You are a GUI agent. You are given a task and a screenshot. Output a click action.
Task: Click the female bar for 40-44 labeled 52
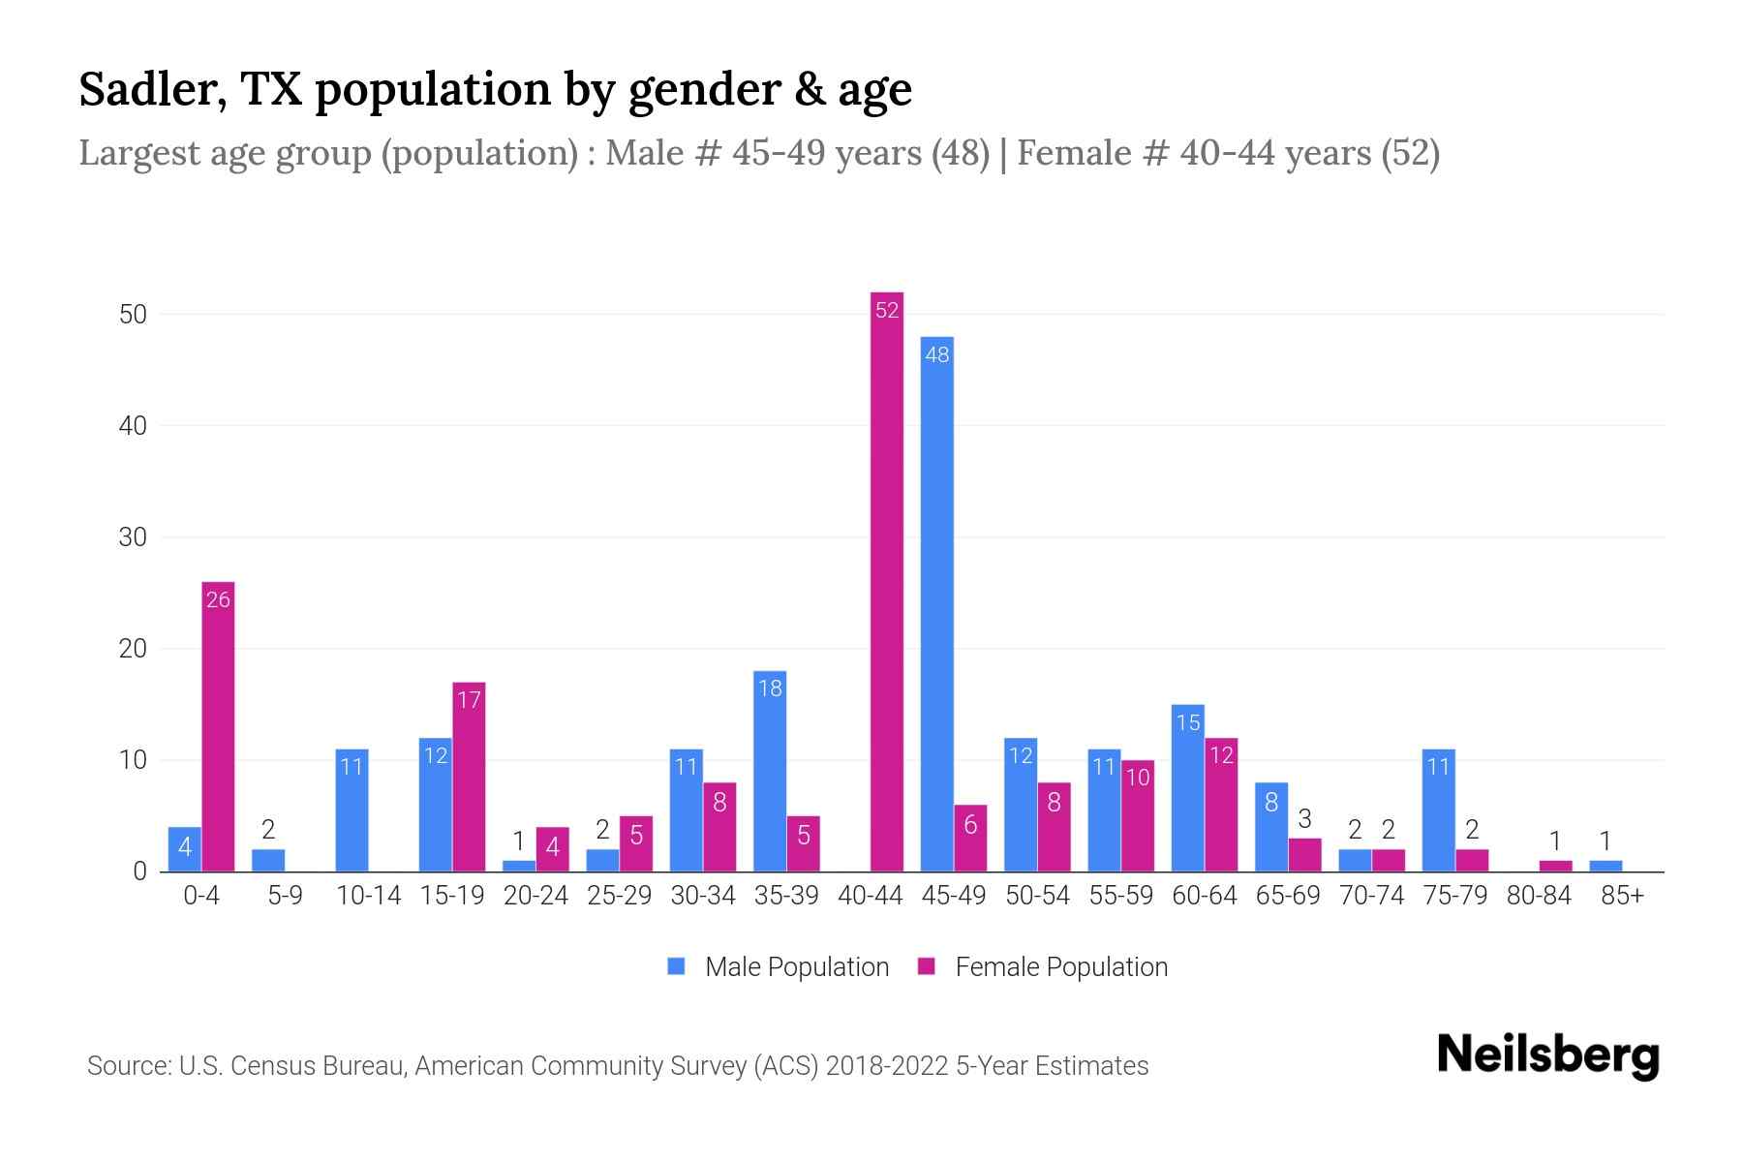point(887,581)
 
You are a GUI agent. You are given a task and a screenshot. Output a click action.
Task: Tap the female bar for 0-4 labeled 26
point(218,726)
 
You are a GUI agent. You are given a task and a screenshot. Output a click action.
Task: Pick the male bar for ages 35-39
point(770,771)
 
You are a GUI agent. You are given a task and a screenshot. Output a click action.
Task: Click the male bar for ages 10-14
point(352,810)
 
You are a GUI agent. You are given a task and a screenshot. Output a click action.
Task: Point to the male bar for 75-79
point(1438,810)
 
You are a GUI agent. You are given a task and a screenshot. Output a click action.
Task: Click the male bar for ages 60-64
point(1187,787)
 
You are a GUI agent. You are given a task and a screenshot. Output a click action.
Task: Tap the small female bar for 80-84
point(1555,866)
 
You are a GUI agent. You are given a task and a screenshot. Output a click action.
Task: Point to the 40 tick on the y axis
point(133,426)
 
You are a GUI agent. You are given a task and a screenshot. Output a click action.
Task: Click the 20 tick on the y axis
point(133,649)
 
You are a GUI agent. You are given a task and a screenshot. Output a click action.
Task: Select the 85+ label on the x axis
point(1622,896)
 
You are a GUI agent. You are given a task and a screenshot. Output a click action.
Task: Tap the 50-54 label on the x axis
point(1037,896)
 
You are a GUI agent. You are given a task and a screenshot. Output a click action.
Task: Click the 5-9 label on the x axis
point(285,896)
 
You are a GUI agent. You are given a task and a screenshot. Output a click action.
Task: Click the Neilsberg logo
point(1547,1056)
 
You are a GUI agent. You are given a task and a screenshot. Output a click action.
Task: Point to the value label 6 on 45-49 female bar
point(970,824)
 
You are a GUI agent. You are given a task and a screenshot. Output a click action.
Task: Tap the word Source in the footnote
point(127,1066)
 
